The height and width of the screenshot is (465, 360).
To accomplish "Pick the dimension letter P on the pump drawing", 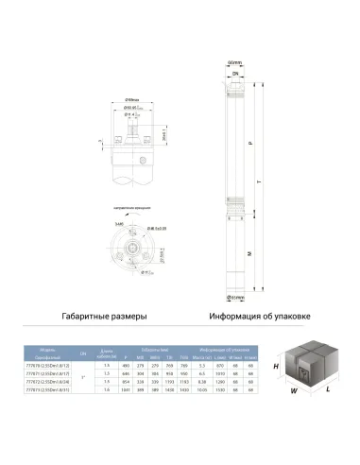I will click(249, 142).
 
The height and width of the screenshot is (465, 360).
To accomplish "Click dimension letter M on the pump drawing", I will click(249, 252).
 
